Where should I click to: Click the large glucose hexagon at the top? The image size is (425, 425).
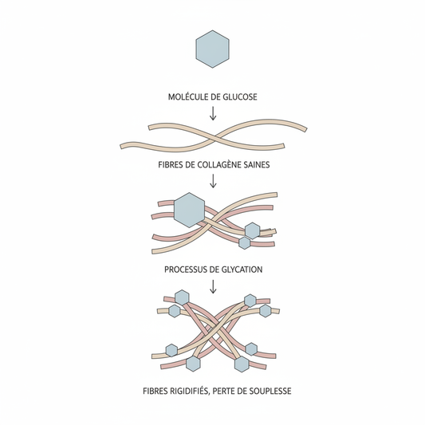click(x=212, y=49)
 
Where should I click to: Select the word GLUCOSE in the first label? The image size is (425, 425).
click(x=240, y=96)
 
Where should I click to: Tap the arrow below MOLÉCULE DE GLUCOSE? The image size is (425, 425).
click(x=213, y=113)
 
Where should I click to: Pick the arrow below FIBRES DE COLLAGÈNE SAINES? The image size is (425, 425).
click(x=213, y=181)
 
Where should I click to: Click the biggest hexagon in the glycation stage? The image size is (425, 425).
click(x=189, y=210)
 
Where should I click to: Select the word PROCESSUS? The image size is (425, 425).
click(x=184, y=270)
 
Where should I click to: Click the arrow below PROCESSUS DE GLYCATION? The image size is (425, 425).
click(x=213, y=286)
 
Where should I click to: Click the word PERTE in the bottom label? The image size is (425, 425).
click(x=223, y=392)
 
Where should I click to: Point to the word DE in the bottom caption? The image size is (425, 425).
click(x=242, y=392)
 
